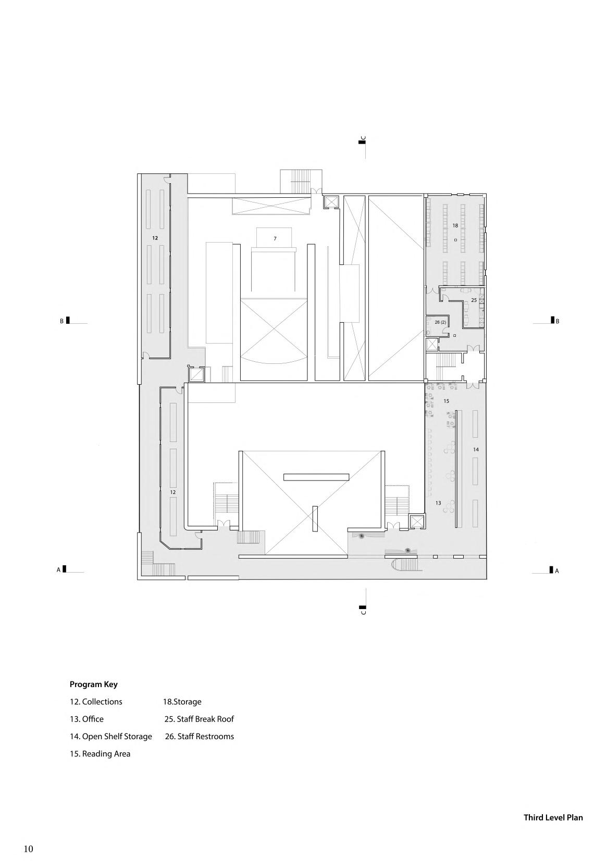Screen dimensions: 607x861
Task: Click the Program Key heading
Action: point(94,685)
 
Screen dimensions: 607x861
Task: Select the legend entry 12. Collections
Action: point(96,702)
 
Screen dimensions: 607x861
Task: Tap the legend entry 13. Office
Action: point(87,719)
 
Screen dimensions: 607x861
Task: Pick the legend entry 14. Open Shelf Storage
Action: point(111,736)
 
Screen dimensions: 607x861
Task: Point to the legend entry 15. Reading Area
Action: point(100,753)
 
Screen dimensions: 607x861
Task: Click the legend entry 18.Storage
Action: point(182,702)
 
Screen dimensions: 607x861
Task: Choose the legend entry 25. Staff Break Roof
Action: point(199,719)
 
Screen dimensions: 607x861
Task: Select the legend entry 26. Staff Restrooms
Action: point(200,736)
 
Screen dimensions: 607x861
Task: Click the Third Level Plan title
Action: point(553,817)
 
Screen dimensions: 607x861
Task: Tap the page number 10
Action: point(28,849)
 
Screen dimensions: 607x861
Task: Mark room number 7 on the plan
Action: point(275,238)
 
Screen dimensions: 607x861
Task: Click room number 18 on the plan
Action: point(455,225)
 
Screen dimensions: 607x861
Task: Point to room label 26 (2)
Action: point(440,322)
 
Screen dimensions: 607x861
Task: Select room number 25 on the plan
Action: point(474,300)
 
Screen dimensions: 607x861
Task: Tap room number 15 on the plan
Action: point(446,401)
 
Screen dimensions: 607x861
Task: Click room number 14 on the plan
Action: point(476,449)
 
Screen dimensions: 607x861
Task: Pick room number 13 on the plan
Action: point(438,503)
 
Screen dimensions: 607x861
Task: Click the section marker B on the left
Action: point(62,321)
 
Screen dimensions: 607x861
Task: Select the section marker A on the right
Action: point(556,571)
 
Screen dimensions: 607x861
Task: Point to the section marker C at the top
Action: point(363,139)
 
